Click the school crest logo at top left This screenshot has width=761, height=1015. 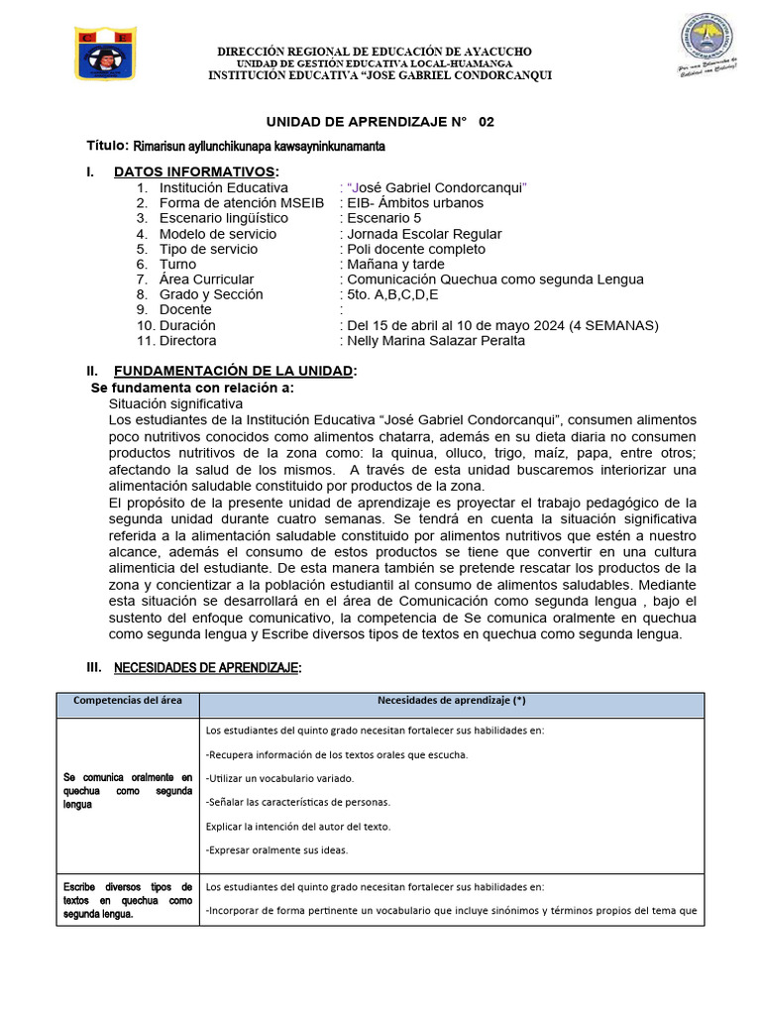pos(107,54)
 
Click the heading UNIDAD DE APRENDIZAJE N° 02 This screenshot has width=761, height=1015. pos(380,122)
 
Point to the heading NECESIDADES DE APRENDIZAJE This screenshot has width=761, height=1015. pos(207,669)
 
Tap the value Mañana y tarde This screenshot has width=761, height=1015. pos(395,265)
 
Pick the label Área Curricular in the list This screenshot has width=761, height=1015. pos(206,280)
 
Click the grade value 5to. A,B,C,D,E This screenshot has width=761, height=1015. pos(392,294)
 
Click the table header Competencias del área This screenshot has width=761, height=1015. pos(128,701)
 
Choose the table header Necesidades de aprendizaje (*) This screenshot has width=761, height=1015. pos(451,701)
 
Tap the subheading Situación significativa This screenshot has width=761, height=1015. pos(175,404)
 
